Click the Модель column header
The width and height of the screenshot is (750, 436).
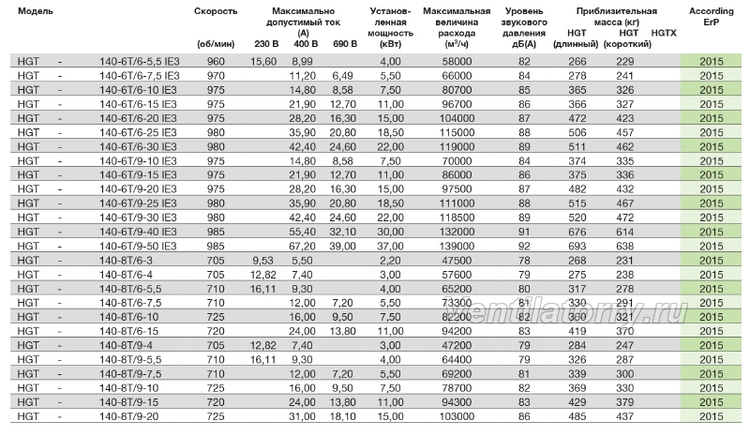(36, 11)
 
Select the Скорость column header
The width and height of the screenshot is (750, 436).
(216, 11)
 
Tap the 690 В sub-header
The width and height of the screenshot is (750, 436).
(345, 44)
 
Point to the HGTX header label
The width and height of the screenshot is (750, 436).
(664, 33)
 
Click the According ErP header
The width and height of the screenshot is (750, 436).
(712, 16)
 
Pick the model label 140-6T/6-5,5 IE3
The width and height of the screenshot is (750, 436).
(139, 61)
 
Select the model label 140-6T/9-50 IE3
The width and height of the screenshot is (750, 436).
(138, 246)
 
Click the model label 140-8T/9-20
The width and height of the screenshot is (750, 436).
(128, 416)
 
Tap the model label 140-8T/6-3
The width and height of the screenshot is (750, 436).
(126, 261)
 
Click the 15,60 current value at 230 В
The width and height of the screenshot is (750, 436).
(263, 61)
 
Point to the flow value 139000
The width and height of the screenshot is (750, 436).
(457, 246)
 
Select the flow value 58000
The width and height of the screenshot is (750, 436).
(457, 61)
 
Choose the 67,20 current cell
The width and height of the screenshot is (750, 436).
(302, 246)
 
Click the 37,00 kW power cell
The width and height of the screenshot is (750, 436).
(390, 246)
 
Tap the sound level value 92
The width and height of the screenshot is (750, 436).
(524, 246)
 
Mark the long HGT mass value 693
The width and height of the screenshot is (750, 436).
(577, 246)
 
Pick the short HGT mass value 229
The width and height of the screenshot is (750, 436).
(625, 61)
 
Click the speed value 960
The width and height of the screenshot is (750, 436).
(216, 61)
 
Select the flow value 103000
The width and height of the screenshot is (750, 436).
(457, 416)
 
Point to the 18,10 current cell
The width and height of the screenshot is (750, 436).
(343, 416)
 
